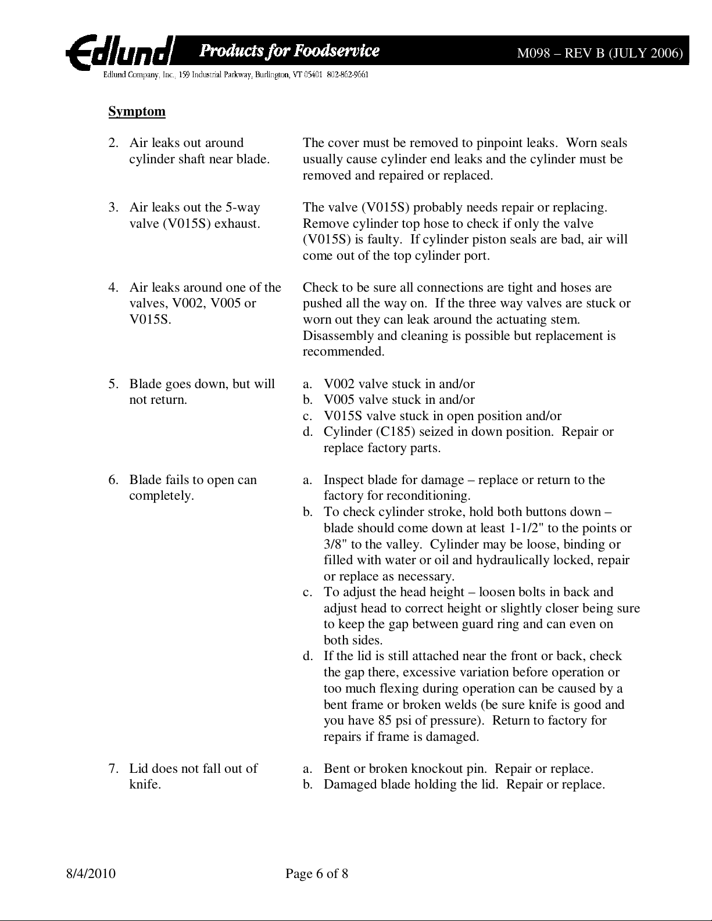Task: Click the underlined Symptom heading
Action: (x=137, y=112)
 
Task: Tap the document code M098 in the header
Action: (x=532, y=53)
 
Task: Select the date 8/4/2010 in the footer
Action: (x=90, y=873)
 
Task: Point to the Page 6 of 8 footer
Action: (x=317, y=873)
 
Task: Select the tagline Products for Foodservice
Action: (x=289, y=51)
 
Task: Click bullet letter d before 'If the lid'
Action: (x=306, y=656)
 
